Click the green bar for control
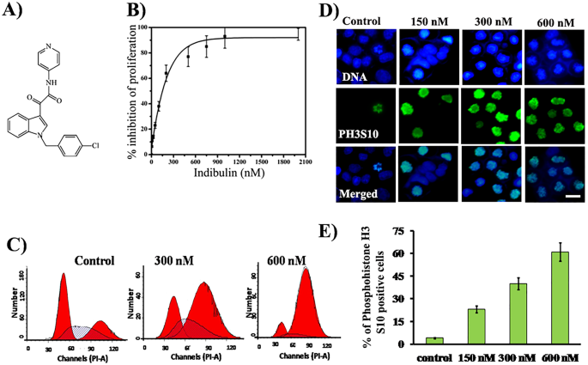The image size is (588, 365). click(434, 340)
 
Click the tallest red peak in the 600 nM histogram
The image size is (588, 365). click(305, 300)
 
